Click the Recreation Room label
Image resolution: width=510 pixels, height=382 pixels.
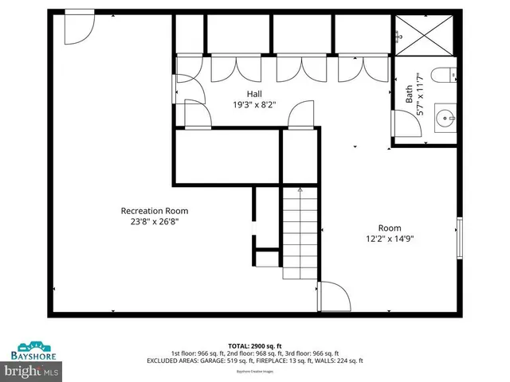point(154,211)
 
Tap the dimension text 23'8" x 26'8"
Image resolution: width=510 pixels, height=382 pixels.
point(154,223)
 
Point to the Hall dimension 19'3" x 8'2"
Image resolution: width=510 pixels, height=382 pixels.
point(254,104)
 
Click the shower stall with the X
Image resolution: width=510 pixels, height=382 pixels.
point(426,33)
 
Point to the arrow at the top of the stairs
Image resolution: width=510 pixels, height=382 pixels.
point(300,191)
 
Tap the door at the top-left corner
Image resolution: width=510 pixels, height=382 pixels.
point(79,25)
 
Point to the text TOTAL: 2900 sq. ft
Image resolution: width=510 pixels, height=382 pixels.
point(254,346)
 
